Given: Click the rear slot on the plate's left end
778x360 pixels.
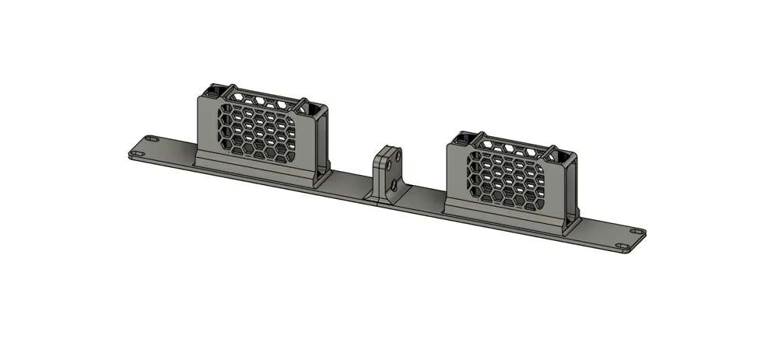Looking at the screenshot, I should click(152, 139).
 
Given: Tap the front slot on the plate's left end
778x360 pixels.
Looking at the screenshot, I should click(138, 153).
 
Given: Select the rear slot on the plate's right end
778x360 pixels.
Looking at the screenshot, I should click(637, 232).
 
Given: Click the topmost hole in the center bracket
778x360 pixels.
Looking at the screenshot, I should click(398, 156).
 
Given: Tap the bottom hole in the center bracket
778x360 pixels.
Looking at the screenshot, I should click(395, 186).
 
